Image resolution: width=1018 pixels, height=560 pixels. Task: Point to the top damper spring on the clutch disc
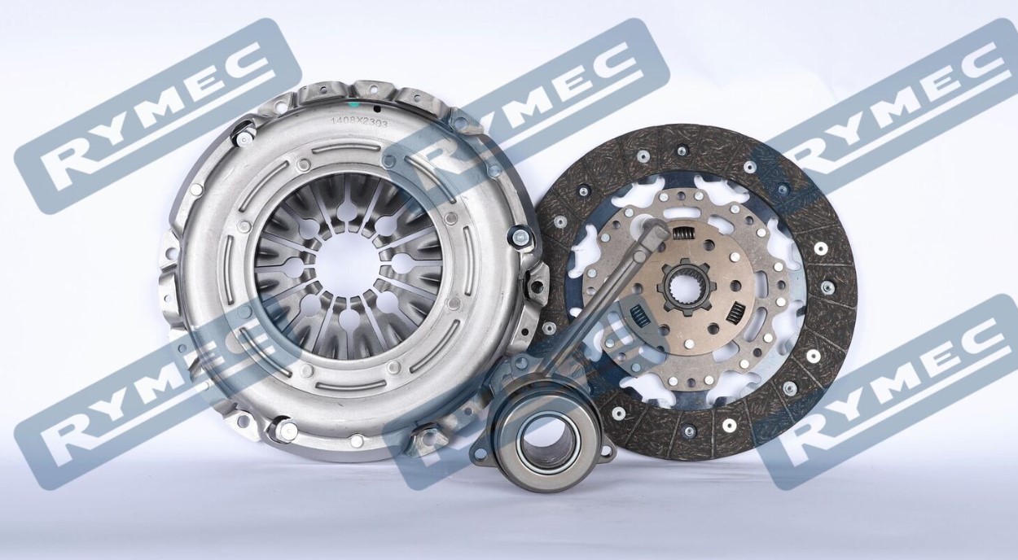(x=682, y=234)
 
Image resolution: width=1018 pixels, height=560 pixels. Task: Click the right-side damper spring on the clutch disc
(x=735, y=310)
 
